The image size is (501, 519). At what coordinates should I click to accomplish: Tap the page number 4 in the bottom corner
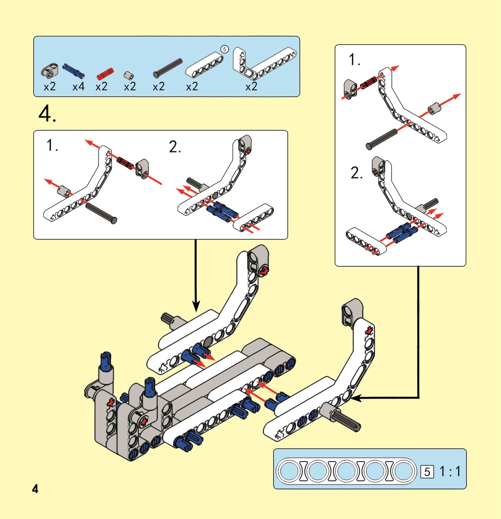point(35,489)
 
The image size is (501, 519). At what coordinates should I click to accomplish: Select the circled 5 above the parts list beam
point(225,49)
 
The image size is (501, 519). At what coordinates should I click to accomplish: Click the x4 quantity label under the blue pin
point(78,86)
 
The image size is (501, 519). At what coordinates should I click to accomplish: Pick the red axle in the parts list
point(105,74)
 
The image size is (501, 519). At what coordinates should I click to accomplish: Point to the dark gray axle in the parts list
point(167,68)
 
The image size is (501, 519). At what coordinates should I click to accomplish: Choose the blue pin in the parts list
point(74,70)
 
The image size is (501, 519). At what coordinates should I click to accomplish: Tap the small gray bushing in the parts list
point(129,75)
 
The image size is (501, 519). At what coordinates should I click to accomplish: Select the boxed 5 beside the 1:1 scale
point(427,472)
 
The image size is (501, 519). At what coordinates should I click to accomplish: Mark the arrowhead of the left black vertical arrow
point(196,307)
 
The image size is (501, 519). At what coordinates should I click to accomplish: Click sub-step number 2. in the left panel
point(175,147)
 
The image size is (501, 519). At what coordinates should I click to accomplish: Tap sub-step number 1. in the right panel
point(354,60)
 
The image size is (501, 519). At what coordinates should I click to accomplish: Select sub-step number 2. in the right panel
point(357,173)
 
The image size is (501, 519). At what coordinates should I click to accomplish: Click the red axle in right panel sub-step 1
point(369,83)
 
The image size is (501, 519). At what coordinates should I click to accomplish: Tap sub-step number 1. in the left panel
point(52,145)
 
